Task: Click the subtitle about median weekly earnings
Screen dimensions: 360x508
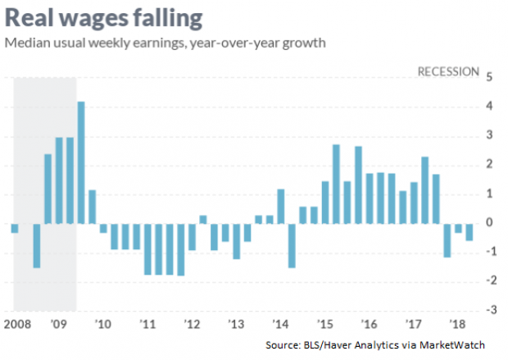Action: click(165, 43)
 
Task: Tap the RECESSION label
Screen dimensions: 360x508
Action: click(448, 71)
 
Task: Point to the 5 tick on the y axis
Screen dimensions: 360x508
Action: click(489, 78)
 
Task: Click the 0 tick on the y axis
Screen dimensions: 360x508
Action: click(489, 222)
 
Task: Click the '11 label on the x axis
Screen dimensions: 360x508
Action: click(148, 324)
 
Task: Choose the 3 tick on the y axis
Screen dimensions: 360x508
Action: click(489, 135)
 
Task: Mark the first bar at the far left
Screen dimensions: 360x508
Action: click(15, 227)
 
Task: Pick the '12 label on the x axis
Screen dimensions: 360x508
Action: click(191, 324)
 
